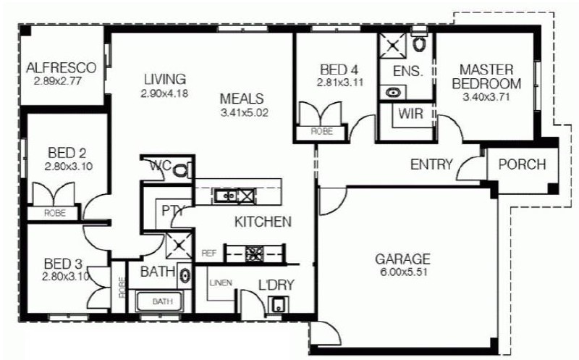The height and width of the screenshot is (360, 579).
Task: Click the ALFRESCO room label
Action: point(61,67)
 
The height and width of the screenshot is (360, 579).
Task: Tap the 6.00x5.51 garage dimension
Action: point(403,272)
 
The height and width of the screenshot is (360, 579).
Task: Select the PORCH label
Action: point(522,164)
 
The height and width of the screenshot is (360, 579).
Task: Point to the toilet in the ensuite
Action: point(419,43)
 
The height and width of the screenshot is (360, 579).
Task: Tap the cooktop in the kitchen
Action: point(255,254)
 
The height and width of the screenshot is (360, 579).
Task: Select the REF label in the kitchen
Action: point(208,254)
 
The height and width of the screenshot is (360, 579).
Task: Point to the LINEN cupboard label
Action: point(221,283)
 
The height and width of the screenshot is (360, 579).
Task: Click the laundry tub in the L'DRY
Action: point(278,304)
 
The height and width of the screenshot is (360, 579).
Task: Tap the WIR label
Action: point(410,114)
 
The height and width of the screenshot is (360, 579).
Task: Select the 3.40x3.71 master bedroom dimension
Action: point(486,97)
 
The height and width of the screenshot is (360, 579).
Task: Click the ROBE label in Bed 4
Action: point(321,131)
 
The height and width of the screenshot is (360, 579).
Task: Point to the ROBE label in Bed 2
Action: point(55,213)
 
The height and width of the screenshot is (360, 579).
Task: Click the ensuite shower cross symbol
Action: point(393,46)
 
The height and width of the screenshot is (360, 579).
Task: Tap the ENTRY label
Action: point(431,164)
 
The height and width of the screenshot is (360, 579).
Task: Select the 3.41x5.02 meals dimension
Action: point(244,113)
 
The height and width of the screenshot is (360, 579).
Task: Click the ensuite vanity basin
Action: point(392,92)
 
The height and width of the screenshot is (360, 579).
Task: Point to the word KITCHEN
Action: point(263,222)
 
